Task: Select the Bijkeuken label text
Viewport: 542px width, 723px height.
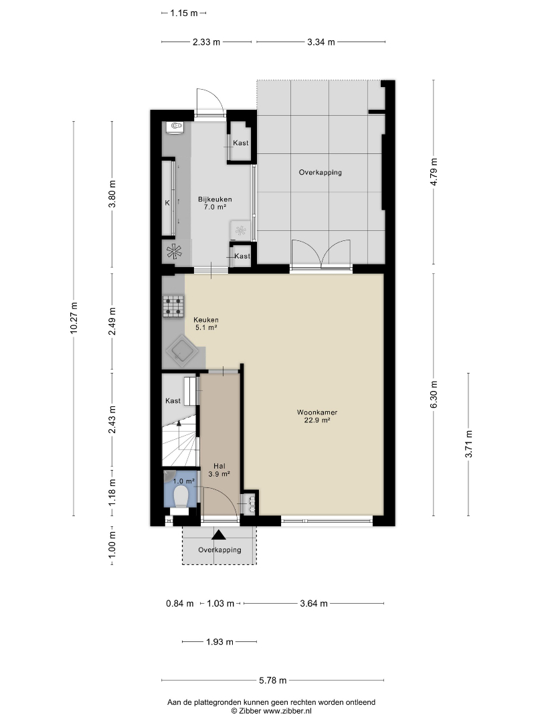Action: pos(215,199)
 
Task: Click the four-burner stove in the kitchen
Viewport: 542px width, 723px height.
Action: pos(173,306)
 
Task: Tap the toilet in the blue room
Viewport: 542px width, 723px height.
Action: pos(180,495)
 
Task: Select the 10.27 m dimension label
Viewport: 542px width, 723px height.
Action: pos(74,318)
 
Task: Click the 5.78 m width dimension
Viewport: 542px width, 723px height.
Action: pos(273,680)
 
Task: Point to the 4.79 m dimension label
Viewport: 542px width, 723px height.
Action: pos(434,172)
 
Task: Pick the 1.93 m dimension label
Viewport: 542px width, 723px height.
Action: pos(220,641)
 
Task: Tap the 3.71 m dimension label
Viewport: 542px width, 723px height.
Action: pos(468,444)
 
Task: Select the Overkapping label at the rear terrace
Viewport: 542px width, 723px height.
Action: pos(321,173)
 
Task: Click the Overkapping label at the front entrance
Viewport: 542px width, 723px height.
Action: pos(220,550)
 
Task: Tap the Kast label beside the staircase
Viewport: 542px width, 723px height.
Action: pos(173,401)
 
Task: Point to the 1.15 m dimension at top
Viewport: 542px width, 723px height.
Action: pos(184,13)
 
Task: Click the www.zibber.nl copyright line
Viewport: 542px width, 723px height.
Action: pos(271,711)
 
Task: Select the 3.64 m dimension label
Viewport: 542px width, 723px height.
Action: pos(314,603)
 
